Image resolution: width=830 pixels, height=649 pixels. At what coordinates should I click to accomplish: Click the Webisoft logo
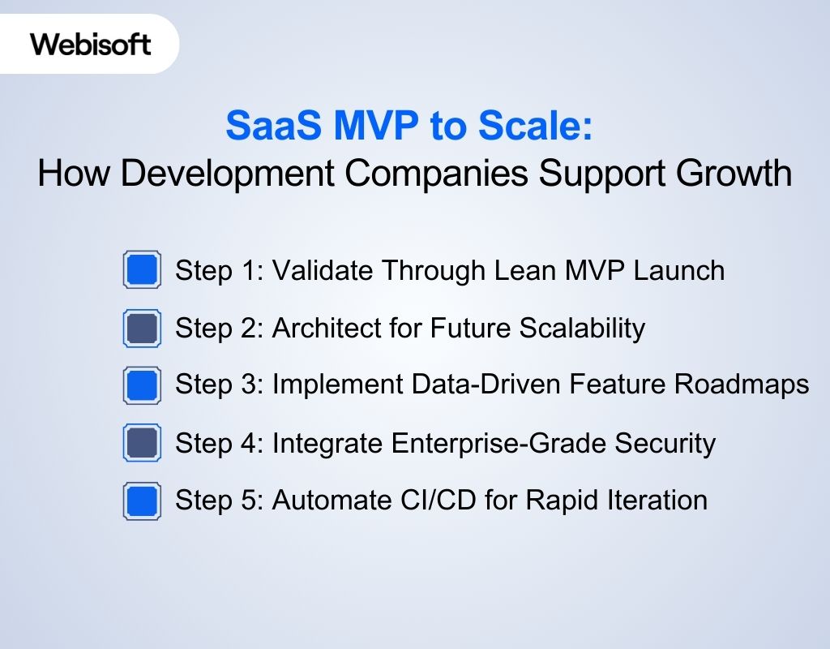[x=90, y=44]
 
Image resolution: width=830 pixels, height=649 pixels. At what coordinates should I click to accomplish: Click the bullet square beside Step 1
[x=141, y=270]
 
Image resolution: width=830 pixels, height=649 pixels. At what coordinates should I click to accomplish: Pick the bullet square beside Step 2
[x=141, y=328]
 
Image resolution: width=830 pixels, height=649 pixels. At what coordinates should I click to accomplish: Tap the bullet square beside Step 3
[x=141, y=385]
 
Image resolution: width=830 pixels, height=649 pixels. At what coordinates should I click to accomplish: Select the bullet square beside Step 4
[x=141, y=443]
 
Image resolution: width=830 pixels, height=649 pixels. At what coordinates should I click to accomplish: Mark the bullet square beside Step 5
[x=141, y=501]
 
